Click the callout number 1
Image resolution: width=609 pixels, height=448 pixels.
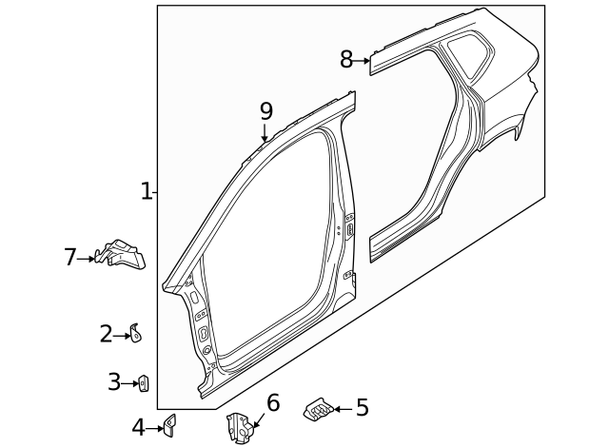click(x=147, y=191)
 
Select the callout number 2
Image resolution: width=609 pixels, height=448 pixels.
click(x=107, y=334)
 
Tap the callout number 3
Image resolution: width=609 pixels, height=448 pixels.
click(x=114, y=382)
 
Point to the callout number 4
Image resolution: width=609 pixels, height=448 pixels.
click(x=139, y=428)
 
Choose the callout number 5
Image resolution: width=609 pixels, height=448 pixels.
click(x=362, y=408)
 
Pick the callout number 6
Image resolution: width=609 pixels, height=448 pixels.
click(x=273, y=402)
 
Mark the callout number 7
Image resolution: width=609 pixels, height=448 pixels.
click(x=69, y=257)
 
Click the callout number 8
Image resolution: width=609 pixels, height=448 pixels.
click(x=346, y=60)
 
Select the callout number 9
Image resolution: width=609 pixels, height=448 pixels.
click(x=266, y=111)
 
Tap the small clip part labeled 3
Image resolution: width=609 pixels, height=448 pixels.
click(x=144, y=383)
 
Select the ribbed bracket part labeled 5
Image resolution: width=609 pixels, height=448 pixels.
click(x=316, y=409)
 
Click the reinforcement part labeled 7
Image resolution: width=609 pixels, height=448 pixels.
click(x=121, y=253)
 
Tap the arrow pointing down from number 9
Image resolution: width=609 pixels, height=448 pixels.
click(x=265, y=134)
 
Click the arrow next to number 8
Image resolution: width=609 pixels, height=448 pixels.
click(x=363, y=61)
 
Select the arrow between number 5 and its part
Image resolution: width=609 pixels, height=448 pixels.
click(x=342, y=409)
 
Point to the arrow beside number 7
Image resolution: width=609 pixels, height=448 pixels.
click(x=88, y=257)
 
